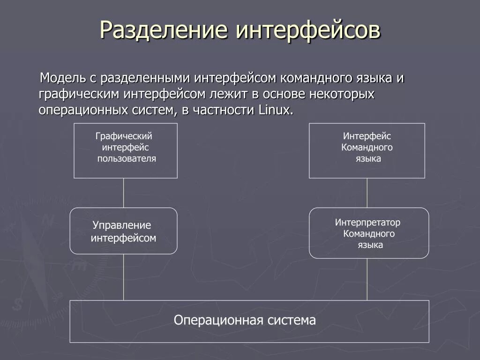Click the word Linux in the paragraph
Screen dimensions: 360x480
[x=276, y=110]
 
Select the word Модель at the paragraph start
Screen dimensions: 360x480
[x=62, y=78]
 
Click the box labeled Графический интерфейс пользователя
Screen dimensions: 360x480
[x=126, y=150]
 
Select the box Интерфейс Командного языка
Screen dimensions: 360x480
[x=367, y=150]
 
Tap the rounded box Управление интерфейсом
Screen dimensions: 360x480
[x=123, y=231]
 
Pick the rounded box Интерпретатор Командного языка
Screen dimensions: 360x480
[x=369, y=233]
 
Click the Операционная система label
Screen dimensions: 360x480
[x=245, y=321]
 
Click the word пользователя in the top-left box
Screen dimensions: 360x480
[x=127, y=158]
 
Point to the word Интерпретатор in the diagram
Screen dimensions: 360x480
[x=367, y=222]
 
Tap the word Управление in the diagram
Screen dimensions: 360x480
[x=121, y=225]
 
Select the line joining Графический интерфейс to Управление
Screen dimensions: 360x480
[x=124, y=193]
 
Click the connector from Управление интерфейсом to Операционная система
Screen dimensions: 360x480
[x=124, y=277]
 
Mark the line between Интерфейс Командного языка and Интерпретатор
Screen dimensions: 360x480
[x=367, y=193]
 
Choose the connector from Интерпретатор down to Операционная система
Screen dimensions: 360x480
[x=367, y=279]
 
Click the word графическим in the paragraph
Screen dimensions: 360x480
[x=79, y=94]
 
